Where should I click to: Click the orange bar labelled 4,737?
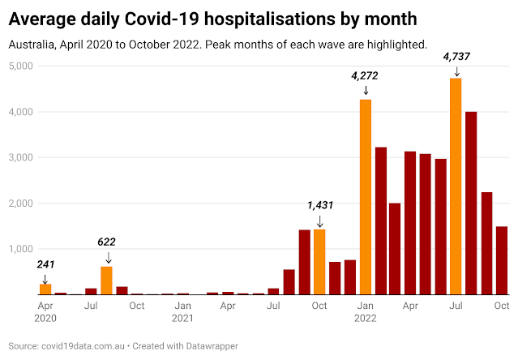(x=456, y=186)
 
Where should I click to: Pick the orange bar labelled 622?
(x=106, y=281)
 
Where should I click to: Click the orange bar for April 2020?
(x=45, y=289)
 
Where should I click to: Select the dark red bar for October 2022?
(x=501, y=260)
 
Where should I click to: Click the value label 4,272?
(x=366, y=76)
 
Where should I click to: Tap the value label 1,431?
(x=319, y=205)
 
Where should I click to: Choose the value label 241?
(x=45, y=263)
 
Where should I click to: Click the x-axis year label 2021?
(x=184, y=319)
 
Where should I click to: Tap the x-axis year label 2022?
(x=366, y=319)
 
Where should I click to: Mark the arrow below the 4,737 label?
(x=456, y=71)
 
